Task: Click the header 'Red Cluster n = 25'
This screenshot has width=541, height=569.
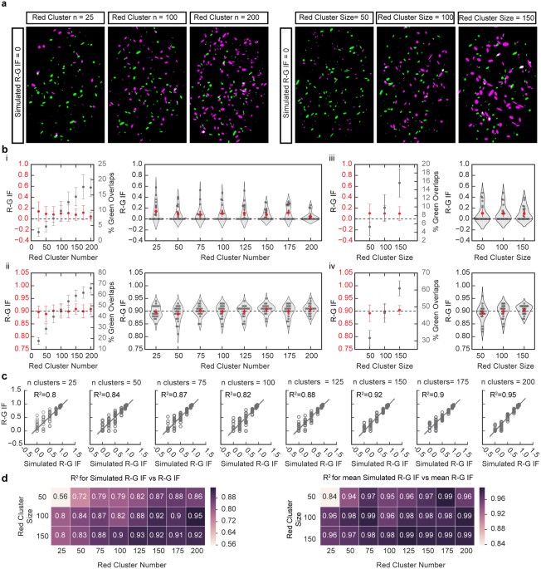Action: coord(64,17)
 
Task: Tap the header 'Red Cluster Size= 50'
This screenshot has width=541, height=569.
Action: coord(335,17)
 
